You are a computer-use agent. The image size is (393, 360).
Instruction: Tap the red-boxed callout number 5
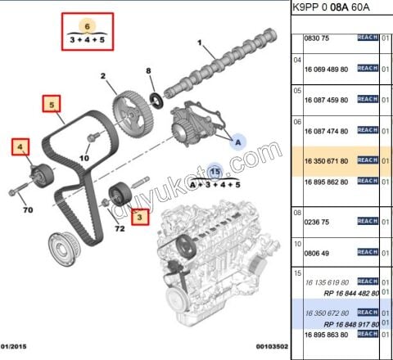coord(52,105)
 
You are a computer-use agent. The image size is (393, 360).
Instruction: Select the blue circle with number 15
coord(215,172)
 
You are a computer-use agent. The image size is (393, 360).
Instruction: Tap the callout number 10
coord(84,158)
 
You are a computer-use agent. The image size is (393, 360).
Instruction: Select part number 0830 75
coord(315,38)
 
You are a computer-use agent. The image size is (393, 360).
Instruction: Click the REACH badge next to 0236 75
coord(367,220)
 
